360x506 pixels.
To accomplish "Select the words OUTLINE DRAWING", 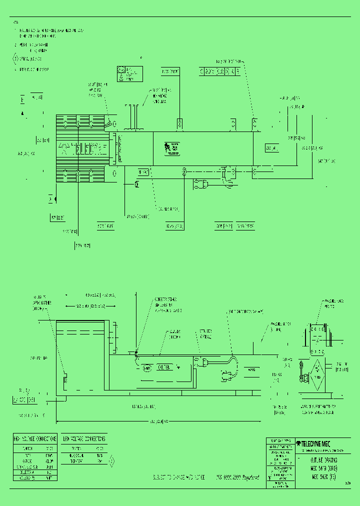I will click(323, 459).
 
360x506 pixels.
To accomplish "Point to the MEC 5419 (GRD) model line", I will click(323, 468).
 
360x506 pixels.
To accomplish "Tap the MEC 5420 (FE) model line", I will click(323, 477).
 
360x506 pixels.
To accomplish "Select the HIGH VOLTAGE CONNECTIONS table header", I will click(34, 438).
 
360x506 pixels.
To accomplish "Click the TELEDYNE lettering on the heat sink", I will click(83, 148).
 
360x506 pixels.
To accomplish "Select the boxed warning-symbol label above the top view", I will click(128, 73).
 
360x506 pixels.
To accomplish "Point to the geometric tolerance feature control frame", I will click(220, 71).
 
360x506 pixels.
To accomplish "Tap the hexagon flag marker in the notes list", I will click(15, 58).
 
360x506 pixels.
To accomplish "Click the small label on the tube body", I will click(172, 148).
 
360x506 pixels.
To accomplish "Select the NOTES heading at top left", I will click(15, 22).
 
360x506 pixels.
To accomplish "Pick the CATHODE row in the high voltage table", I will click(34, 460).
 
